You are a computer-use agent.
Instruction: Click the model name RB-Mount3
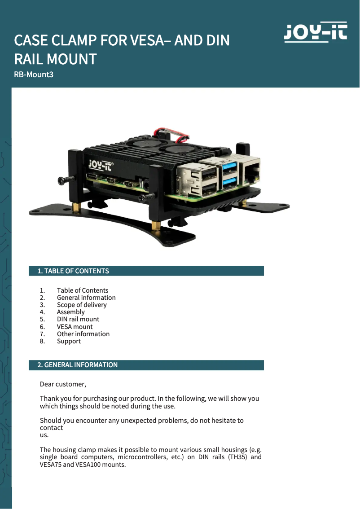34,75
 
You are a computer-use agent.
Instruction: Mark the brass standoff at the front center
156,225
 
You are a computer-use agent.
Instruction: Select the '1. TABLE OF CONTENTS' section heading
73,271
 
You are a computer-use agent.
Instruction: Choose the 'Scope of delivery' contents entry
82,305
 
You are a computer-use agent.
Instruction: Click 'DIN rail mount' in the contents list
78,319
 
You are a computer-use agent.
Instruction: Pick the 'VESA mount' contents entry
75,327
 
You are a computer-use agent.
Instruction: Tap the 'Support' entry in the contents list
69,341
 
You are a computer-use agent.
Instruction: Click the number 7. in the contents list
42,334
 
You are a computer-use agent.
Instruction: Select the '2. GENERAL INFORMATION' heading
77,365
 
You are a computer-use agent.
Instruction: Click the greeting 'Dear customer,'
63,384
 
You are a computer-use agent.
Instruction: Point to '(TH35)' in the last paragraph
235,457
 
